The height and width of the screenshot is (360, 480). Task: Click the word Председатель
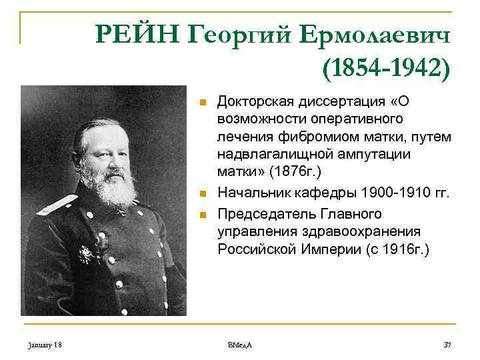pyautogui.click(x=265, y=214)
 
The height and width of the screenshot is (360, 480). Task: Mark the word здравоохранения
pyautogui.click(x=354, y=232)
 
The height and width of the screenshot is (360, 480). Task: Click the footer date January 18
pyautogui.click(x=45, y=345)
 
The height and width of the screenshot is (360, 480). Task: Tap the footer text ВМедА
pyautogui.click(x=239, y=345)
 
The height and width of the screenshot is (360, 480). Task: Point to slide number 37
pyautogui.click(x=447, y=345)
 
